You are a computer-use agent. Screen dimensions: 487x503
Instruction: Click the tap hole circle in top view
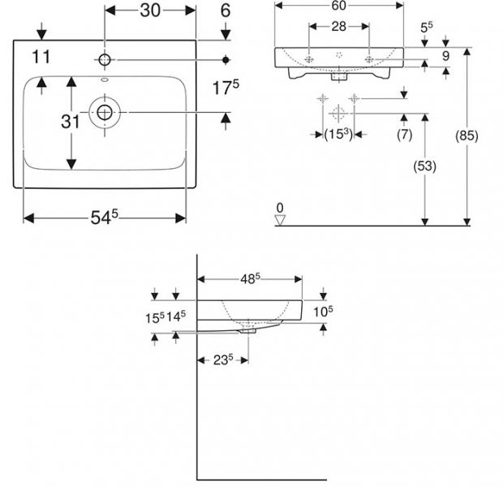click(105, 60)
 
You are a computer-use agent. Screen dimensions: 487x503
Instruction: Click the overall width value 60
click(339, 6)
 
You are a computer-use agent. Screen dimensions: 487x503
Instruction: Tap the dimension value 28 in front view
click(339, 27)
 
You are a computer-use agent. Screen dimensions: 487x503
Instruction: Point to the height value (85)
click(466, 136)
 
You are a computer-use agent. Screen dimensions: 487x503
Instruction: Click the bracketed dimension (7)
click(404, 134)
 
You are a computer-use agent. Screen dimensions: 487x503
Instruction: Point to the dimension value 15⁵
click(155, 317)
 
